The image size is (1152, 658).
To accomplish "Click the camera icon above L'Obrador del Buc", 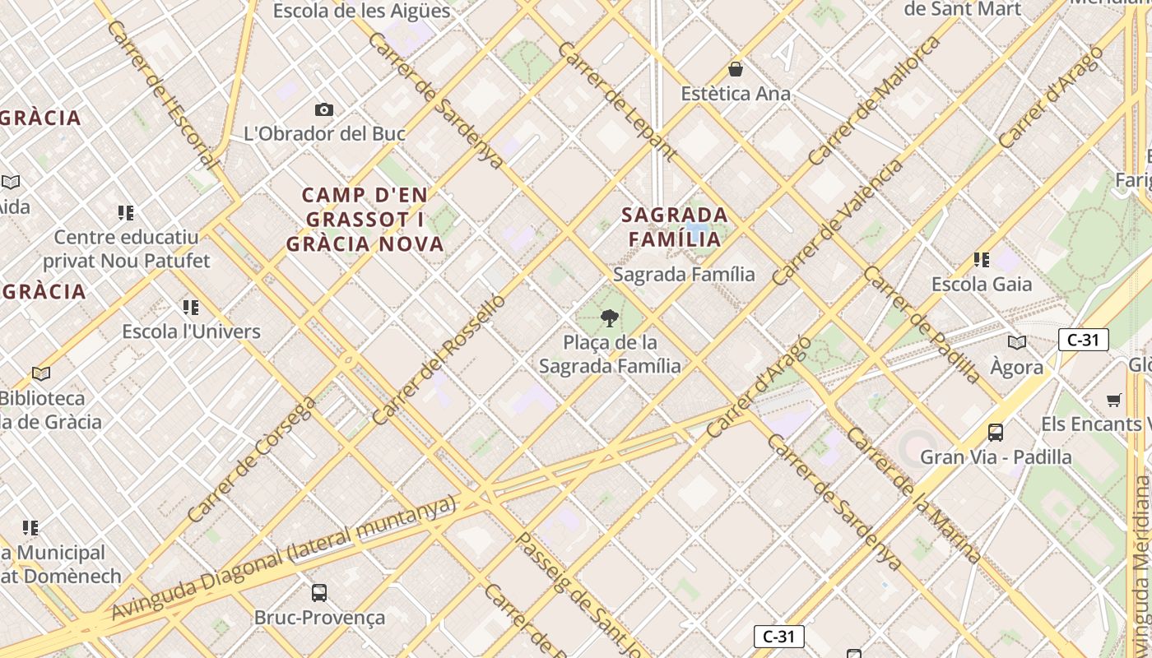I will pos(324,109).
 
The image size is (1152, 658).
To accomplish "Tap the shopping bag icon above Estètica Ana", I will pos(736,70).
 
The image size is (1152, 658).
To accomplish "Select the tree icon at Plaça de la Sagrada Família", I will pos(610,317).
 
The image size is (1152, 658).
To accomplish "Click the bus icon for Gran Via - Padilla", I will pos(996,433).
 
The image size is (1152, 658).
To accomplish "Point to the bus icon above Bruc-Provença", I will pos(319,592).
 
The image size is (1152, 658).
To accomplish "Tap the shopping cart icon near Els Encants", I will pos(1114,401).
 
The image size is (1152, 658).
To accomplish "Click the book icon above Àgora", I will pos(1017,342).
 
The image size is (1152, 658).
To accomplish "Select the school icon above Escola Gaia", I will pos(981,260).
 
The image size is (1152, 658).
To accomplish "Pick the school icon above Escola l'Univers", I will pos(191,308).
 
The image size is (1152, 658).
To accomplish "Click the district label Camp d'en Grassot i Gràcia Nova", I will pos(365,220).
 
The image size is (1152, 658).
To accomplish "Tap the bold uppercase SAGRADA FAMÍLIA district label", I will pos(675,227).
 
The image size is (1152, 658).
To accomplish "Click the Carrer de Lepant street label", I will pos(617,100).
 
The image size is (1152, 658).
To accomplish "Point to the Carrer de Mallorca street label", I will pos(874,100).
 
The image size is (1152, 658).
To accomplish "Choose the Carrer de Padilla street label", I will pos(922,325).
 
